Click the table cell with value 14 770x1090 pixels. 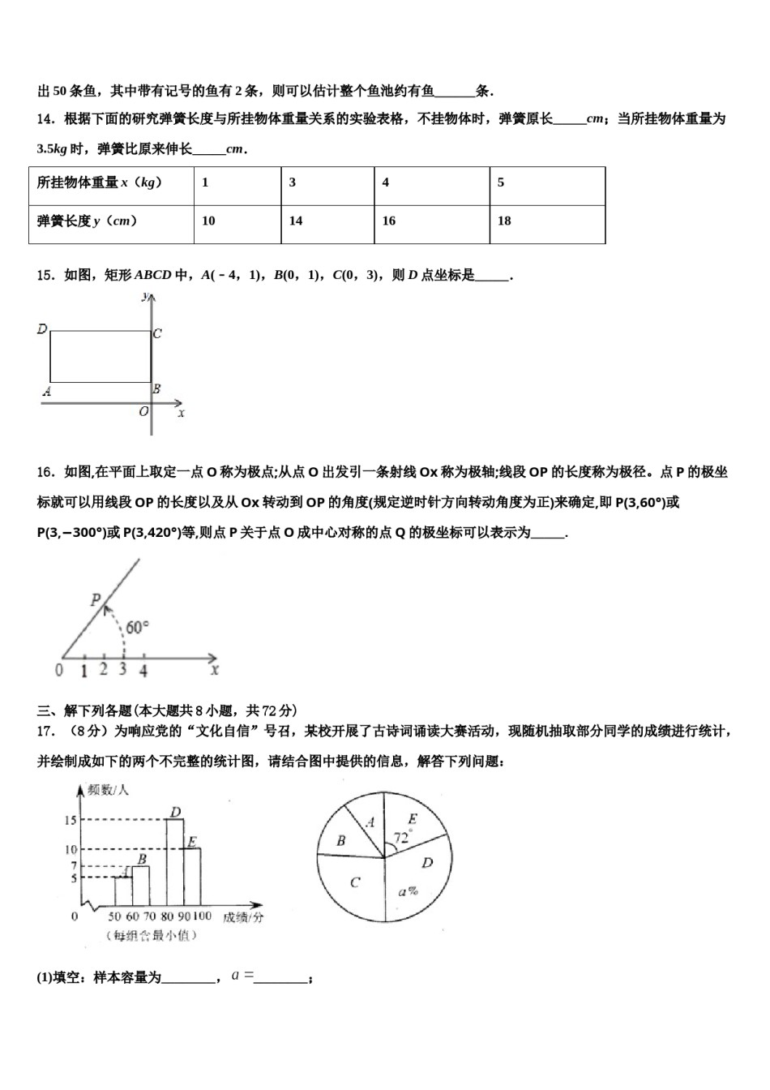(x=327, y=221)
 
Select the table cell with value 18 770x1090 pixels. (x=547, y=221)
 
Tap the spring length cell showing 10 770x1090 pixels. (x=237, y=221)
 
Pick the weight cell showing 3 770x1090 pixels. (x=327, y=183)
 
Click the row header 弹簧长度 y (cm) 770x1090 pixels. (x=111, y=221)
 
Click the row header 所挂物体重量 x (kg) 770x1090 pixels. (x=111, y=183)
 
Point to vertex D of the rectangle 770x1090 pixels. (x=42, y=329)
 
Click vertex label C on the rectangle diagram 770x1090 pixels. (x=157, y=333)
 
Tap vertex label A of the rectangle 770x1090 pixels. (x=47, y=392)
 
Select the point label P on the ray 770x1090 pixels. (x=96, y=600)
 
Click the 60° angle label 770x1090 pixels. (x=137, y=627)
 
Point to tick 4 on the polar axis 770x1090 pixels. (x=143, y=671)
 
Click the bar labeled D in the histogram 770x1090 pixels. (x=175, y=860)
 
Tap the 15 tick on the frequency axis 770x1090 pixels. (x=71, y=820)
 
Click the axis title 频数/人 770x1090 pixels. (x=108, y=789)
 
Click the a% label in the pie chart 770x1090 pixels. (x=408, y=891)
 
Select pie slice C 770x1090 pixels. (x=354, y=882)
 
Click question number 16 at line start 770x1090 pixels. (x=45, y=472)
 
